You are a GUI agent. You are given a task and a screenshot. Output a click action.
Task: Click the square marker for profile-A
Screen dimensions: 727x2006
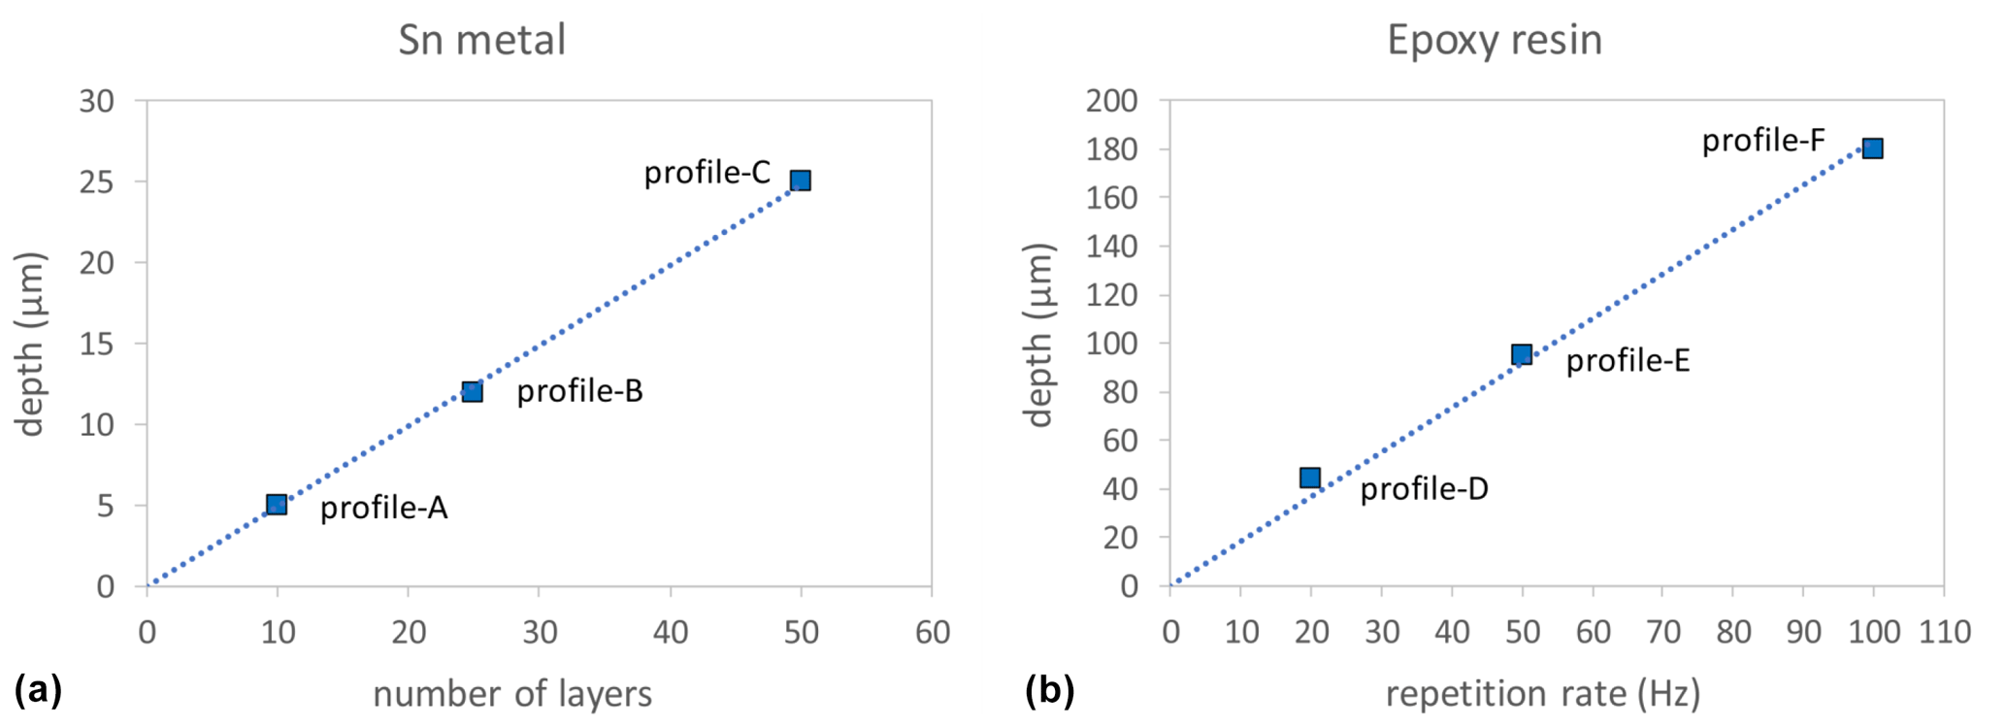(277, 504)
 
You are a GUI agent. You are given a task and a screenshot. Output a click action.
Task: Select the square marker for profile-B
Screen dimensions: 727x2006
(472, 391)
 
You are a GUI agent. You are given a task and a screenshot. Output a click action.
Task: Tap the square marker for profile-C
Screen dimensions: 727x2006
(800, 181)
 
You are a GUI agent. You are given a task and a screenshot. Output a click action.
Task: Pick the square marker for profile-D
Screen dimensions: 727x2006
(1310, 478)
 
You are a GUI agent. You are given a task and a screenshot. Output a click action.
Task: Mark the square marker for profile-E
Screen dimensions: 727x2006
(1522, 354)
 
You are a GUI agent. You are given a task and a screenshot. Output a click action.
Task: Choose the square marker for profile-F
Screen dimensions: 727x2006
(1873, 149)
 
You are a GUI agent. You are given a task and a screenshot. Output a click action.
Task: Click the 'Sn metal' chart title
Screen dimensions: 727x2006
(481, 41)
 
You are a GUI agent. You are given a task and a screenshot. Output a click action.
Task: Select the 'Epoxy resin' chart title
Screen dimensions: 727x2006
(1495, 41)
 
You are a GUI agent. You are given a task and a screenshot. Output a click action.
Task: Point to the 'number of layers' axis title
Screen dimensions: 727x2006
(512, 694)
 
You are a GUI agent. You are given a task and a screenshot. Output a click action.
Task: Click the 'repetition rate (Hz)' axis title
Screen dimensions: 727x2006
(1543, 694)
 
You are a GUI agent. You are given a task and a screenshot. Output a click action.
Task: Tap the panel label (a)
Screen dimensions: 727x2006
(38, 690)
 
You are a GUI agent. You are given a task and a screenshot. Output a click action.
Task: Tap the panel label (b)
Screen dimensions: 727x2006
(1050, 690)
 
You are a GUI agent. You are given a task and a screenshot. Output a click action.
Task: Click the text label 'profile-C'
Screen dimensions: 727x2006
(707, 173)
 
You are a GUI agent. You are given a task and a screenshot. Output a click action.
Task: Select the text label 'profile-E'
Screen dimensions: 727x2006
(1628, 361)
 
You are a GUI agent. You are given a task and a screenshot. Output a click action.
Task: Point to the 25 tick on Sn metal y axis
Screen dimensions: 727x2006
(97, 182)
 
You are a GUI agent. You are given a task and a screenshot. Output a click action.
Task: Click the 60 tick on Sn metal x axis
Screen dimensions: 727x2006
(932, 633)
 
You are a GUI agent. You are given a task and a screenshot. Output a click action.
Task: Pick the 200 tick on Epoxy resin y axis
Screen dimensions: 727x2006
(1112, 101)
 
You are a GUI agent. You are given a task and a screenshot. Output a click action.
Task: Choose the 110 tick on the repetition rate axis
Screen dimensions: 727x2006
(1944, 633)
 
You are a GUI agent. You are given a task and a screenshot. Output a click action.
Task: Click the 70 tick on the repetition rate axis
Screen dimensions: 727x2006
(1663, 633)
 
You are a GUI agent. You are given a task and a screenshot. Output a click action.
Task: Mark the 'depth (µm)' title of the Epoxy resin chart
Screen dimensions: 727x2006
(1039, 335)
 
